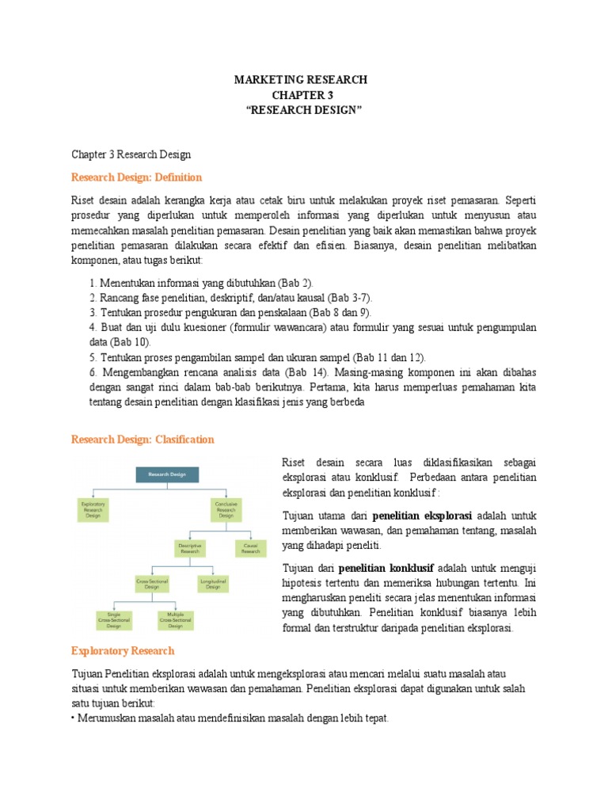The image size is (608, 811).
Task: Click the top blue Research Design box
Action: click(167, 474)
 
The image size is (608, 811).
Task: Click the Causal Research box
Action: click(250, 547)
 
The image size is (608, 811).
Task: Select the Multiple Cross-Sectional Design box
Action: click(176, 619)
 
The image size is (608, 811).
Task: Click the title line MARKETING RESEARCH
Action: click(301, 80)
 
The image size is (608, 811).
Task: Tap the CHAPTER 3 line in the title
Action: click(301, 94)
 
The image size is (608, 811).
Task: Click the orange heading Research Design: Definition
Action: click(136, 177)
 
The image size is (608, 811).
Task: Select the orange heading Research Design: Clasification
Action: click(142, 439)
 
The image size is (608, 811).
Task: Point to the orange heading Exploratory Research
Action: click(123, 651)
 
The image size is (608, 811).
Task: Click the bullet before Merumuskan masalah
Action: click(74, 718)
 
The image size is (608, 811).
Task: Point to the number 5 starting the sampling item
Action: click(92, 357)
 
